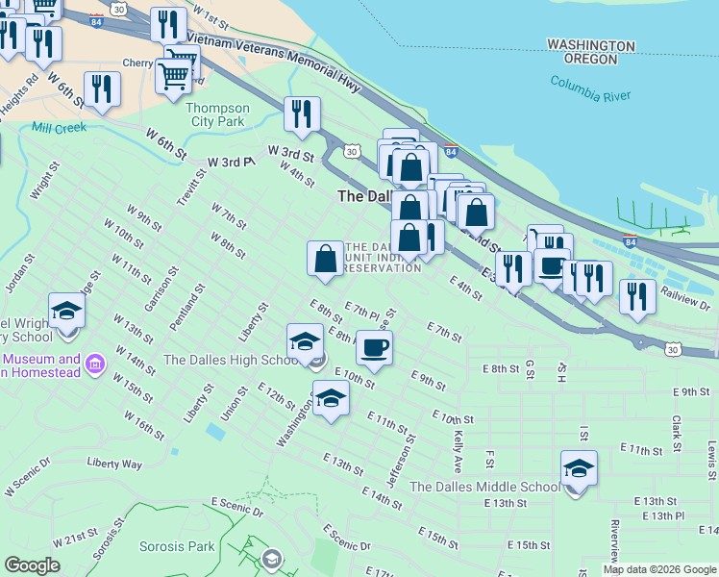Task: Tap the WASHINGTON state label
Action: pos(590,45)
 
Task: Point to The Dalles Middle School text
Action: pos(484,487)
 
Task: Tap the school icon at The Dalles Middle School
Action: pos(579,469)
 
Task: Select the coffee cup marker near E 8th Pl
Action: pos(374,347)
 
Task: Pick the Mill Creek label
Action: pos(59,127)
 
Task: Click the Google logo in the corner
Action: pos(33,564)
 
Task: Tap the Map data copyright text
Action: pos(660,569)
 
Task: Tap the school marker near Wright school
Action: pos(66,312)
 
